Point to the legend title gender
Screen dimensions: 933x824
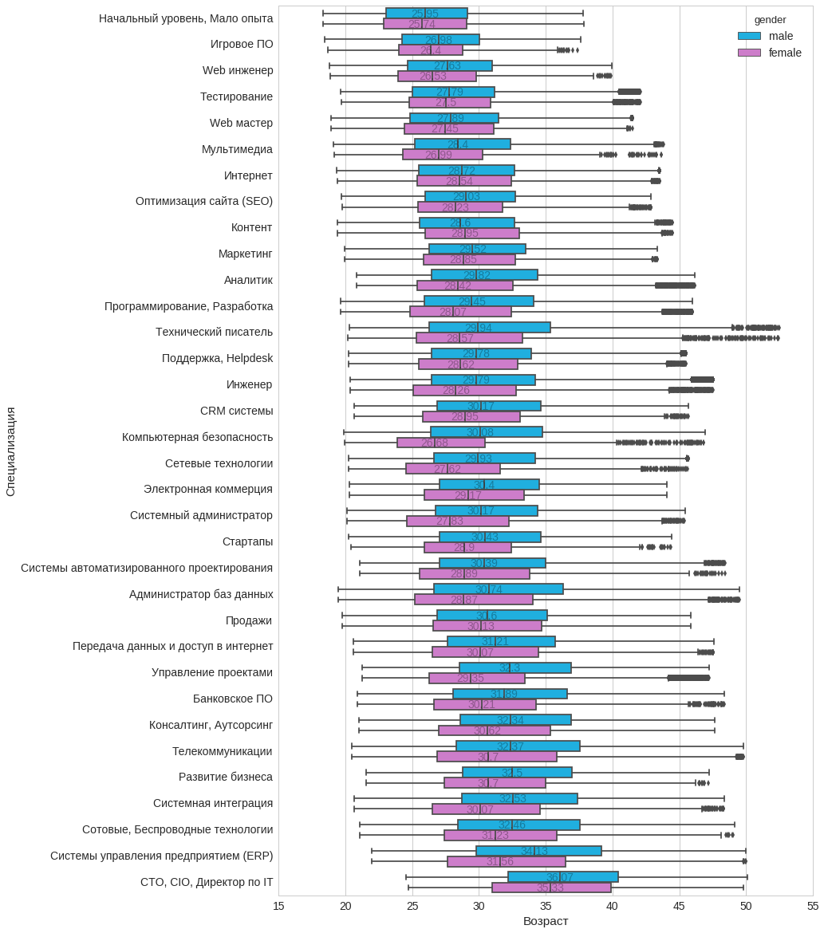point(770,19)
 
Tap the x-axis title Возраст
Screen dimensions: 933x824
point(546,921)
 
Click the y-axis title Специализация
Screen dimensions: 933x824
point(10,451)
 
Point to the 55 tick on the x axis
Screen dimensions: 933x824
point(813,906)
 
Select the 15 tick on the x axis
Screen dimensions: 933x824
point(279,906)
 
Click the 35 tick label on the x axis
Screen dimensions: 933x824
point(546,906)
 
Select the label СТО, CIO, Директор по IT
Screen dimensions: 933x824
point(207,882)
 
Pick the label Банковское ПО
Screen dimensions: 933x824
point(232,699)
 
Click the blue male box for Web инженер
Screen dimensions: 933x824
point(449,65)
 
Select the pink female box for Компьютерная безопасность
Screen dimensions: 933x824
point(440,443)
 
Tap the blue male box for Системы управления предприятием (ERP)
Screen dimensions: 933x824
point(538,851)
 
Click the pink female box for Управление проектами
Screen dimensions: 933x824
point(476,678)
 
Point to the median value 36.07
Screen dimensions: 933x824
point(560,877)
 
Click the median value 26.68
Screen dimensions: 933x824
point(435,443)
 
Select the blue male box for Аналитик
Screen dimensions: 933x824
point(484,275)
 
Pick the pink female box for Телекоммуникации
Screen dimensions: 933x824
point(496,757)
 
